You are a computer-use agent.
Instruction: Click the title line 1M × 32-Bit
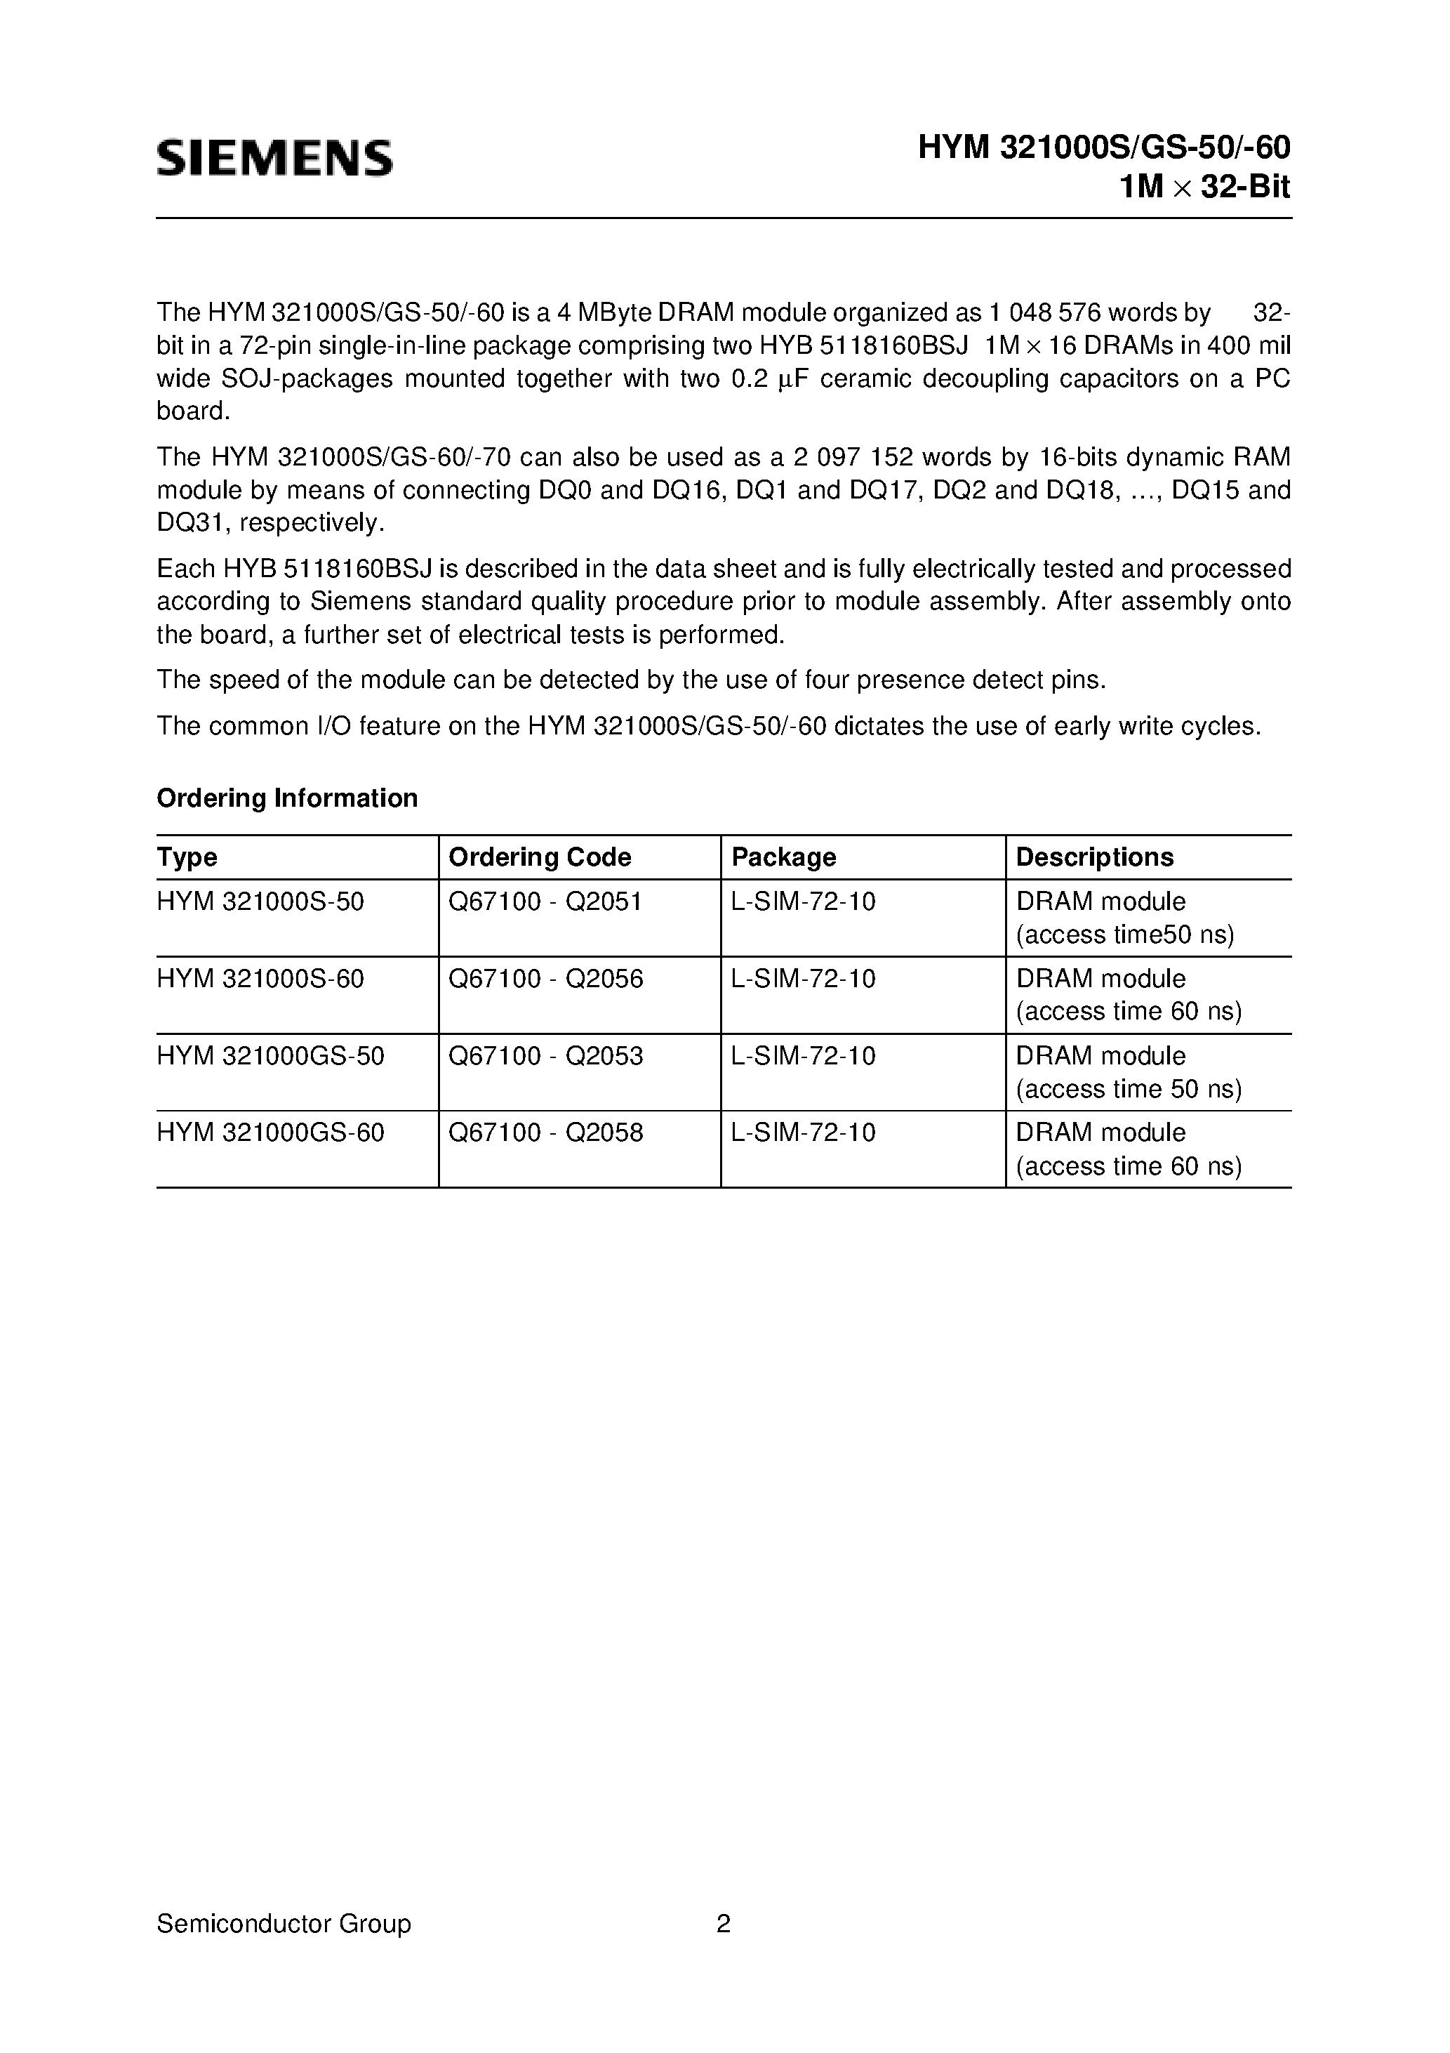1204,187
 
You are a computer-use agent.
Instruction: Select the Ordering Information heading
287,798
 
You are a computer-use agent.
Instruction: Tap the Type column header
187,857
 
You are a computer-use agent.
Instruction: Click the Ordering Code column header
539,857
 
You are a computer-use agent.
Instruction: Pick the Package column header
783,857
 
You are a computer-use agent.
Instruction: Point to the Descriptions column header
1094,857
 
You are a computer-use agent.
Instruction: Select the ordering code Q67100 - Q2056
545,979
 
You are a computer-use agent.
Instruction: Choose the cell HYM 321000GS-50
270,1056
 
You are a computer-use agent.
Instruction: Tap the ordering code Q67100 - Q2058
545,1133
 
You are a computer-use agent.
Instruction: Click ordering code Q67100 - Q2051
545,902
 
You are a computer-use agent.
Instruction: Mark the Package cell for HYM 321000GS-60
803,1133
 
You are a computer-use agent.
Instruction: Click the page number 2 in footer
723,1923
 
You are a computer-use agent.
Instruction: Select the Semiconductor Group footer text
284,1923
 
